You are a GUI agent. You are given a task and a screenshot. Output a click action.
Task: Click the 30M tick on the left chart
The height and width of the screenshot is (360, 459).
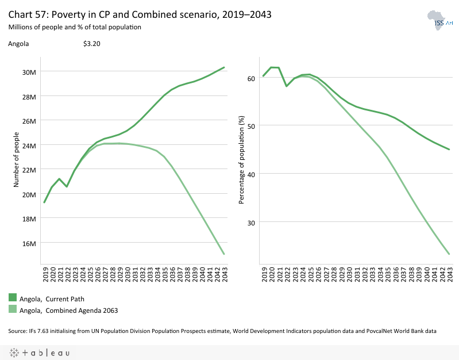(x=29, y=72)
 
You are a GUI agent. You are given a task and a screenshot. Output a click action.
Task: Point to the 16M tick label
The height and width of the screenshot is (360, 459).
(x=29, y=243)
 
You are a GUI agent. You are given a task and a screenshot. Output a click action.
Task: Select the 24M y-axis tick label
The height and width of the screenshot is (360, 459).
(x=29, y=145)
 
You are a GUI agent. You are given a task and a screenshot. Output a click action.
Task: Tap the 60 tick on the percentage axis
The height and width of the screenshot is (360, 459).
(x=251, y=78)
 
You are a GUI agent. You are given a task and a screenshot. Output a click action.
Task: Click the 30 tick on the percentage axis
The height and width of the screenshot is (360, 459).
(x=251, y=222)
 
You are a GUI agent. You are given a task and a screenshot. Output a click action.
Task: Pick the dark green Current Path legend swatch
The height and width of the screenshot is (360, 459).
(x=13, y=297)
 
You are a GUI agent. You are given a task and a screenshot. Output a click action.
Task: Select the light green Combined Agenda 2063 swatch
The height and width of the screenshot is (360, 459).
(x=13, y=309)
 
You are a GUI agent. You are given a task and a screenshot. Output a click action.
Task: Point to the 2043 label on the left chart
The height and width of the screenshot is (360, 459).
(x=223, y=273)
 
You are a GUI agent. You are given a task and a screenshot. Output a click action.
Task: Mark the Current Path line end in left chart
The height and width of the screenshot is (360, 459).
(x=223, y=67)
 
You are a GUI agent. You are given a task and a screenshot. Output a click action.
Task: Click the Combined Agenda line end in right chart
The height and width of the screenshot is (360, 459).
(x=449, y=254)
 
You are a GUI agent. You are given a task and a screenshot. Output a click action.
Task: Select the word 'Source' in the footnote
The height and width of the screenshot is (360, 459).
(x=17, y=331)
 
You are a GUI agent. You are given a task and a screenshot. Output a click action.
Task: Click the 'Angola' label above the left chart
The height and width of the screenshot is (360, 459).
(x=18, y=44)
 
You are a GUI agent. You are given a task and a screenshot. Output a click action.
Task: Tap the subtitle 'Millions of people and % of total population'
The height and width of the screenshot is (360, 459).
(x=75, y=27)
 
